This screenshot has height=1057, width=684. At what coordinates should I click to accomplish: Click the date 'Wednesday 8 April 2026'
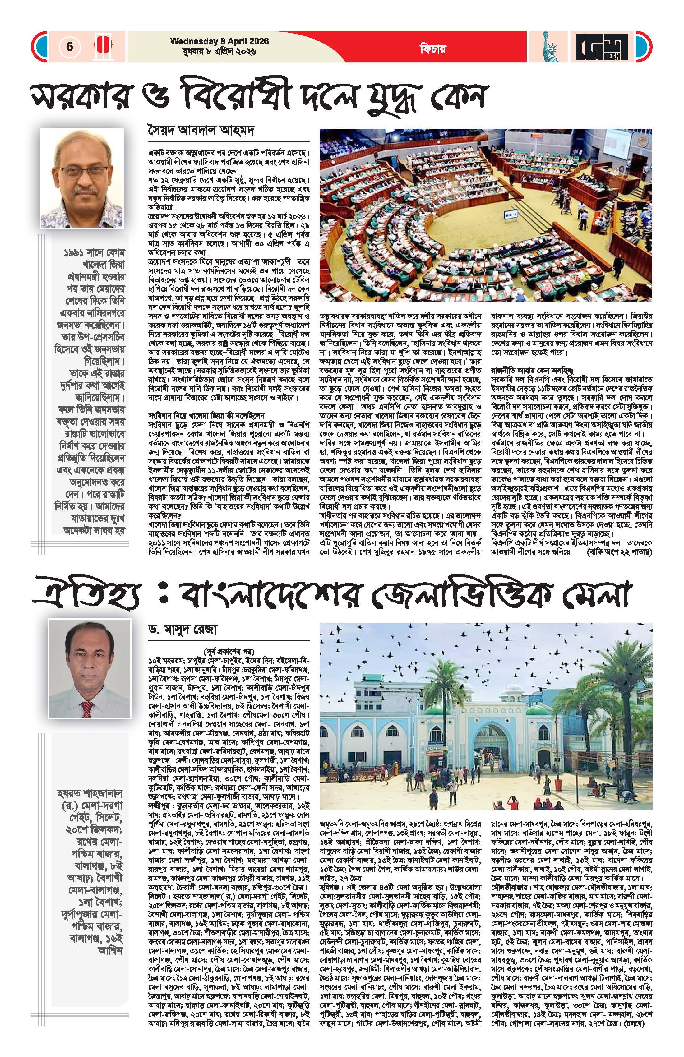tap(220, 42)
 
